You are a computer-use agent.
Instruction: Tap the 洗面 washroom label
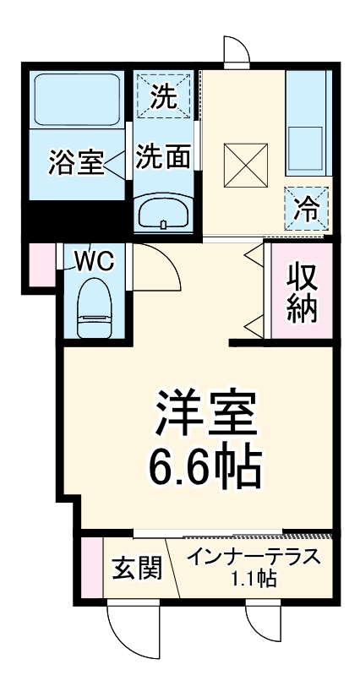tap(163, 157)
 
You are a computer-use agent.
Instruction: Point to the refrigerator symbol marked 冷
tap(305, 206)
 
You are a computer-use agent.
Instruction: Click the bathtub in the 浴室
tap(75, 100)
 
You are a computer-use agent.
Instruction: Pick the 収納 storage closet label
tap(302, 291)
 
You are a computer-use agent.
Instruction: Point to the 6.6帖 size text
tap(204, 466)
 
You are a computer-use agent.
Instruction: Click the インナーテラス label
tap(254, 559)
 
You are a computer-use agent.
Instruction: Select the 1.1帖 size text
tap(254, 580)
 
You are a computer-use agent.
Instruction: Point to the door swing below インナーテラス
tap(263, 629)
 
